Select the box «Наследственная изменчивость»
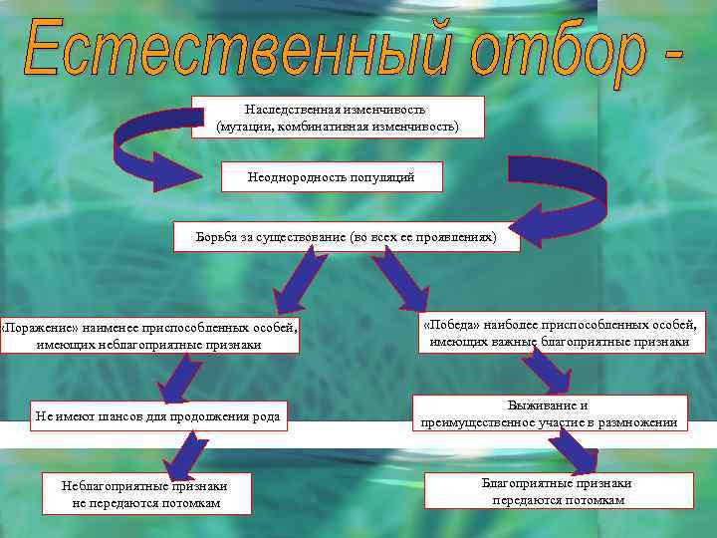coord(338,118)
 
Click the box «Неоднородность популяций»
coord(331,177)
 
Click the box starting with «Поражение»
coord(149,335)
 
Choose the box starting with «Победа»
coord(560,334)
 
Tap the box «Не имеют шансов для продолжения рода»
coord(157,415)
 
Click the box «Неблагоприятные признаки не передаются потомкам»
coord(145,493)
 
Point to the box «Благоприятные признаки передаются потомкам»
coord(558,490)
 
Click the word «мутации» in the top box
coord(244,127)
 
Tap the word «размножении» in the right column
coord(634,422)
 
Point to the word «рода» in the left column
coord(263,415)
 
